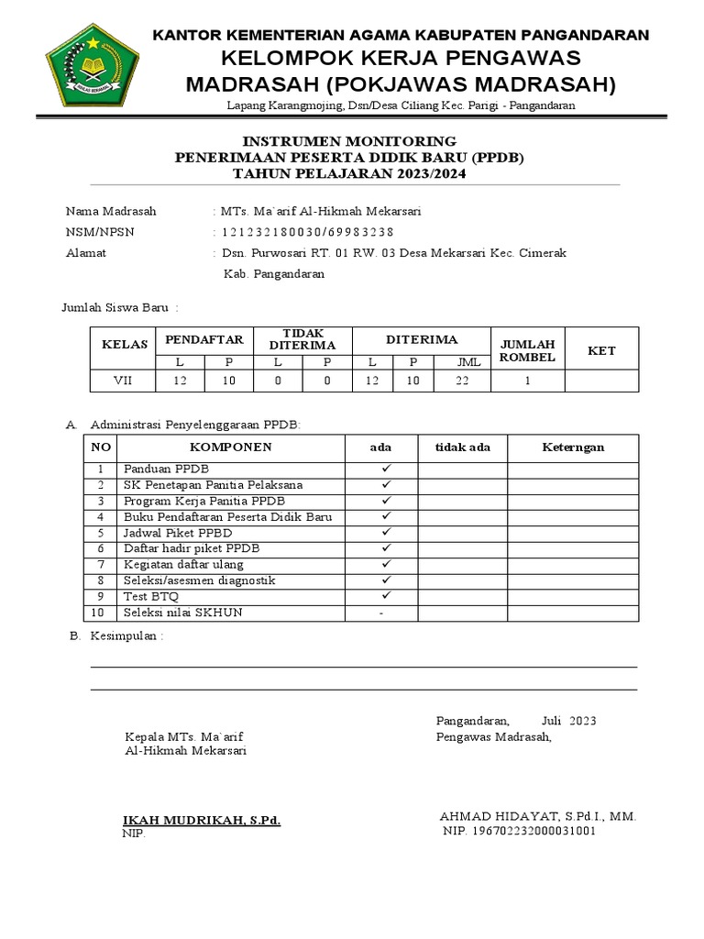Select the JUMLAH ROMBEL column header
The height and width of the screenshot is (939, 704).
tap(527, 349)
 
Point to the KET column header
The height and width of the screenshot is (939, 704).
tap(601, 349)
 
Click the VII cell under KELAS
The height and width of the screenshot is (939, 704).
tap(123, 381)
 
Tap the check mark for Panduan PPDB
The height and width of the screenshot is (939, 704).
tap(387, 469)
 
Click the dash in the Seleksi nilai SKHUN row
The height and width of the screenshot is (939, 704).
tap(380, 613)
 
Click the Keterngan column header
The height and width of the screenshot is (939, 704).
tap(573, 447)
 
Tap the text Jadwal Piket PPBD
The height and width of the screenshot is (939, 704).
tap(178, 533)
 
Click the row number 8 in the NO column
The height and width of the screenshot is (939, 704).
tap(101, 580)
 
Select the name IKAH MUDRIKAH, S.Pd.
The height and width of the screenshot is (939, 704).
tap(203, 820)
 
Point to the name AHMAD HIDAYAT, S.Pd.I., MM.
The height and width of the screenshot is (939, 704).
tap(538, 816)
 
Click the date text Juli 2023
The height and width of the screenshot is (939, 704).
tap(568, 721)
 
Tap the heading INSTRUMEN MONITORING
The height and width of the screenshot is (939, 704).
tap(348, 141)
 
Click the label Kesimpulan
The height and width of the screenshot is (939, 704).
tap(126, 636)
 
